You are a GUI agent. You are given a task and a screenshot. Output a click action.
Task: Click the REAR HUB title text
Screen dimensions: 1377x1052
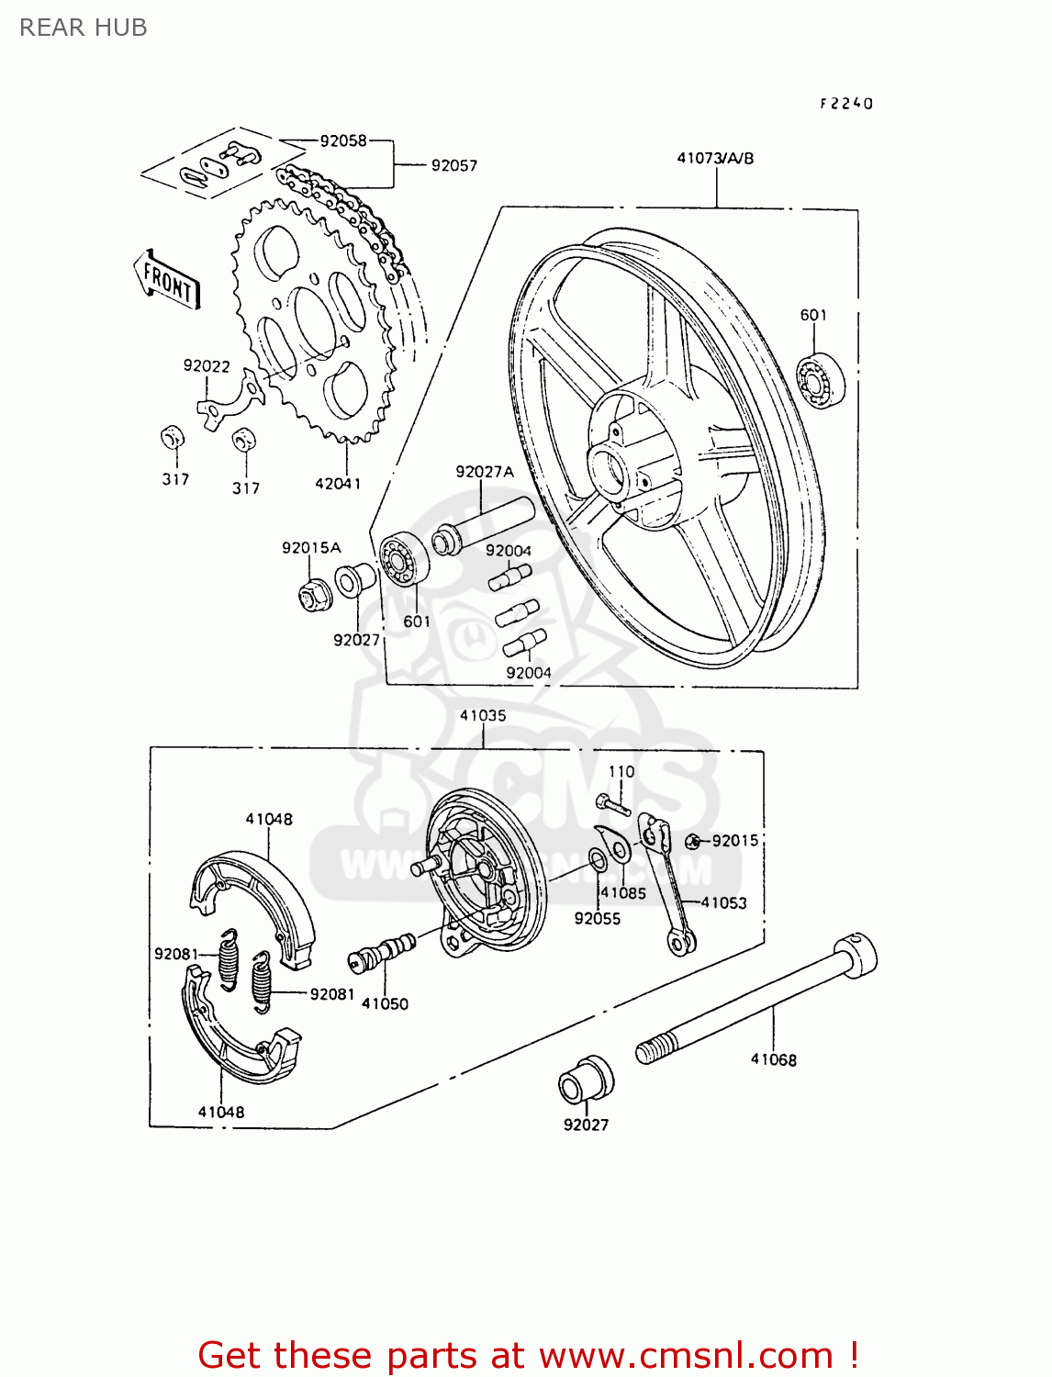[x=83, y=28]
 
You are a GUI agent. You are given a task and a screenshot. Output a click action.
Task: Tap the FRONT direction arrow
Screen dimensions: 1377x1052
[x=167, y=280]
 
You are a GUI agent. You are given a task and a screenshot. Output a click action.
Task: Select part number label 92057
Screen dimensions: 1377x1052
[x=453, y=165]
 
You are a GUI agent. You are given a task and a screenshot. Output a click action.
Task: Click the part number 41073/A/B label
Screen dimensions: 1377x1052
[x=715, y=158]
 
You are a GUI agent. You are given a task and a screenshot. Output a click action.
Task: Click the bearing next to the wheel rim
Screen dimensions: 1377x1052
[x=820, y=379]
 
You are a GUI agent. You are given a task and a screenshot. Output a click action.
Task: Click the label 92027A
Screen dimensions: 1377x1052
[x=485, y=472]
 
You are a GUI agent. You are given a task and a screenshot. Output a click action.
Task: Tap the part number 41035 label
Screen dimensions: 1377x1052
[x=483, y=715]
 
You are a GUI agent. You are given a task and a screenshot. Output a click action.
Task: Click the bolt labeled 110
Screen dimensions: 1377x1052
[x=612, y=805]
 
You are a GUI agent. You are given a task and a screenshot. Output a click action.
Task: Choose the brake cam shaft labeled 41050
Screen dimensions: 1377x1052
[x=384, y=950]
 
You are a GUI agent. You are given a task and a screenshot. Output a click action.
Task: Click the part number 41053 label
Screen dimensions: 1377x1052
[x=723, y=902]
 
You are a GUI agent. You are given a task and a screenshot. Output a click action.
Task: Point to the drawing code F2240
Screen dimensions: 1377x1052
[x=846, y=104]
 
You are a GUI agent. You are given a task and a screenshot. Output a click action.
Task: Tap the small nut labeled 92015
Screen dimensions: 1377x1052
[x=693, y=841]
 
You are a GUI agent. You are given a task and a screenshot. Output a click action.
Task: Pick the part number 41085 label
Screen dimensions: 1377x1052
[x=623, y=892]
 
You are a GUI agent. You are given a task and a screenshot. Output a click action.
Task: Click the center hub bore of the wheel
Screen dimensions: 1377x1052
[x=610, y=468]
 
